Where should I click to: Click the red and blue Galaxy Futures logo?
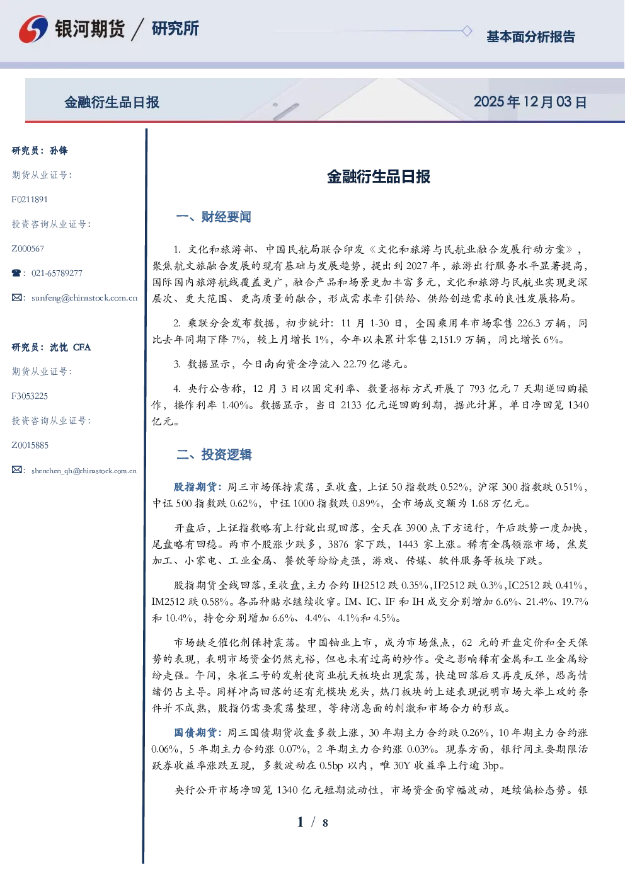pos(33,29)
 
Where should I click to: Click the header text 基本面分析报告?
pos(530,37)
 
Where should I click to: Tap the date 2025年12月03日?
pos(530,102)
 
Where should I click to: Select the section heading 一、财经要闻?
pos(214,217)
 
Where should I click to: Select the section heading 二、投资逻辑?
pos(214,454)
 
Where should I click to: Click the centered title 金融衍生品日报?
pos(379,176)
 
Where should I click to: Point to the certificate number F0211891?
pos(30,199)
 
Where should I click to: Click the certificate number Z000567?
pos(28,249)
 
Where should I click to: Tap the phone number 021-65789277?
pos(57,273)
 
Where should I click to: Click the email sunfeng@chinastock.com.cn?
pos(84,298)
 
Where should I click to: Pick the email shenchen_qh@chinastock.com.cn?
pos(84,471)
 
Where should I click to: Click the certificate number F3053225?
pos(30,396)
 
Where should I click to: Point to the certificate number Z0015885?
pos(30,445)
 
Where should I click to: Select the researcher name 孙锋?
pos(59,151)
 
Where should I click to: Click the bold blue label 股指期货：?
pos(198,487)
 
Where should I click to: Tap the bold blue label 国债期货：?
pos(198,733)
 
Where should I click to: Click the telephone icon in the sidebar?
pos(16,273)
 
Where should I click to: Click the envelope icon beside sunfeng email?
pos(16,297)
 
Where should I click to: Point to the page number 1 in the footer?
pos(301,822)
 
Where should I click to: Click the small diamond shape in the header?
pos(467,31)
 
